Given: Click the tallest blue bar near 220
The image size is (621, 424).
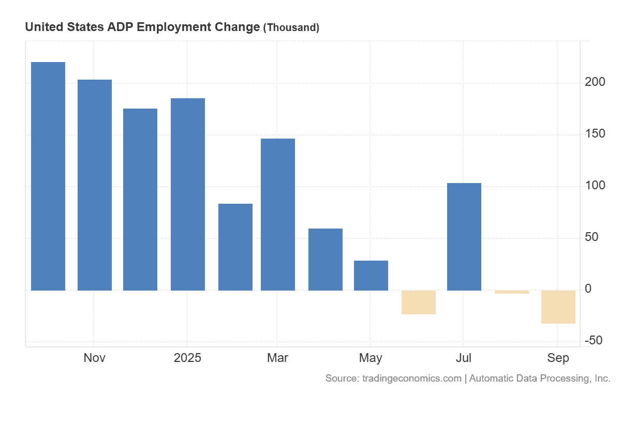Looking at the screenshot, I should pos(48,176).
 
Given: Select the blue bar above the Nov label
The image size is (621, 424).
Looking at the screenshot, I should pos(95,185).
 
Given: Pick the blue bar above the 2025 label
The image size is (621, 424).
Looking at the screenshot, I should pos(188,194).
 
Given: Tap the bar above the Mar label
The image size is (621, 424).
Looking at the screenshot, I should pos(278,214).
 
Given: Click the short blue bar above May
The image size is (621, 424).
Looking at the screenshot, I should pos(371,275).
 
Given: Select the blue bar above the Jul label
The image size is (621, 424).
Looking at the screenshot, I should pos(464,236).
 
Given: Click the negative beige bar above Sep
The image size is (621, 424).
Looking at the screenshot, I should pos(558,307).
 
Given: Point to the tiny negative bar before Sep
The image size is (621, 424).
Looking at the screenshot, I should pos(512,292).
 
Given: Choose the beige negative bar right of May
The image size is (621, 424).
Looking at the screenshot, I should pos(419,302).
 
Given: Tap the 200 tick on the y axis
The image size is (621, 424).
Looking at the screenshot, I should pos(595,82).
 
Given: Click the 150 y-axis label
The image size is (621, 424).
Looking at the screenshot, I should pos(595,134).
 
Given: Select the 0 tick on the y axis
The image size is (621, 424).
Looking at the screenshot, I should pos(588,289).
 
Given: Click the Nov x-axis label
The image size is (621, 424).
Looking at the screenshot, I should pos(95,358).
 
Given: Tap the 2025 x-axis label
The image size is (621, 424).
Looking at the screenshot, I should pos(187,358).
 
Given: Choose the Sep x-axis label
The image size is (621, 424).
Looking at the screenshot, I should pos(558,358).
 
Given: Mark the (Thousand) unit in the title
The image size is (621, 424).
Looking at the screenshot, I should pos(291,27).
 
